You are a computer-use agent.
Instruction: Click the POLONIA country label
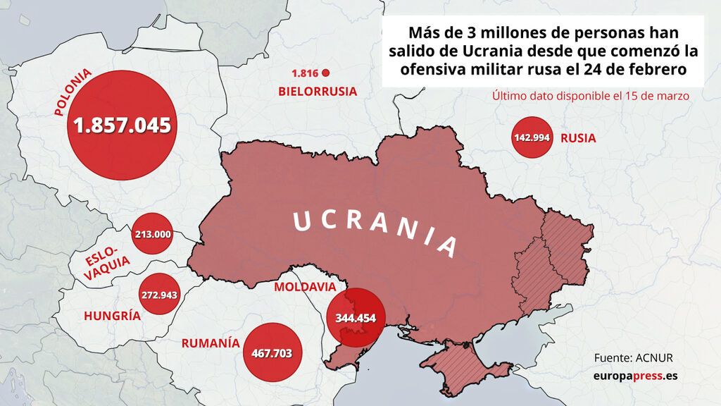pyautogui.click(x=73, y=92)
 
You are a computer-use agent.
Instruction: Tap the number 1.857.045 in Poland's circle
pyautogui.click(x=123, y=125)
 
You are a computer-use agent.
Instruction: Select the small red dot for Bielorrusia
pyautogui.click(x=326, y=73)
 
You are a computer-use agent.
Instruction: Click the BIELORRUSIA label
pyautogui.click(x=318, y=92)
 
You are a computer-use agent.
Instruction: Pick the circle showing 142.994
pyautogui.click(x=532, y=137)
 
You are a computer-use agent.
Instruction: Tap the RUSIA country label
pyautogui.click(x=578, y=138)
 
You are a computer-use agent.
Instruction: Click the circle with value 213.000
pyautogui.click(x=152, y=233)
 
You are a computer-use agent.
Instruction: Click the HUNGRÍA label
pyautogui.click(x=112, y=316)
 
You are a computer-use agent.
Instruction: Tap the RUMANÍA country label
pyautogui.click(x=206, y=343)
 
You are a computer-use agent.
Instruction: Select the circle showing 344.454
pyautogui.click(x=356, y=318)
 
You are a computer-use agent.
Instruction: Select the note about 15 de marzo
pyautogui.click(x=590, y=96)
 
